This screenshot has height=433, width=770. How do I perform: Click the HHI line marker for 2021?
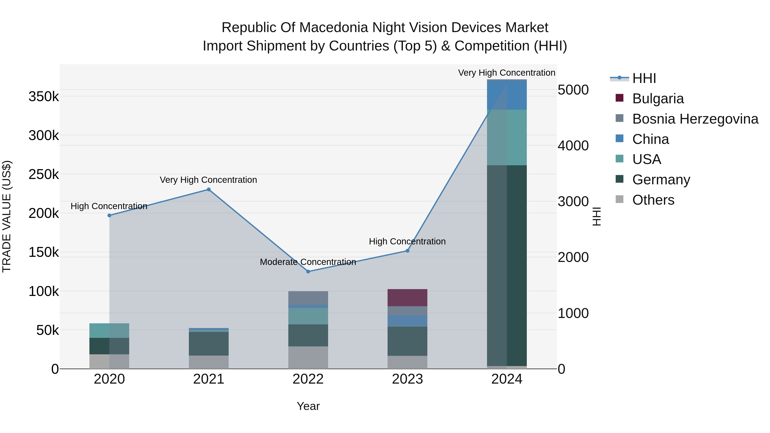click(209, 189)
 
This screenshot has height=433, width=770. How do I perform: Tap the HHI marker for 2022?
click(308, 272)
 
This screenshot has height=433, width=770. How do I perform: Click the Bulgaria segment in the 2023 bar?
click(407, 298)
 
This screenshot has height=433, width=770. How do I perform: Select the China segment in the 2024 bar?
click(507, 95)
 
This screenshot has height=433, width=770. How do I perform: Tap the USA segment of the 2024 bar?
click(507, 137)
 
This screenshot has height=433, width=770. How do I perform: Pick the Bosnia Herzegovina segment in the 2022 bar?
click(308, 298)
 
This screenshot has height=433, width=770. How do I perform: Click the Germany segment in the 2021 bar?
click(209, 344)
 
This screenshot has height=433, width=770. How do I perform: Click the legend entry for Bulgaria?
click(658, 99)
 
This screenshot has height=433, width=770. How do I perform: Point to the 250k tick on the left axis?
click(44, 174)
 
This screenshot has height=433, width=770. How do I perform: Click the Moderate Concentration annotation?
click(308, 262)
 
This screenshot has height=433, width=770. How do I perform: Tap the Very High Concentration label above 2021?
click(208, 180)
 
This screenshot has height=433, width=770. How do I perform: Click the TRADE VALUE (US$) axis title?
click(7, 216)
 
